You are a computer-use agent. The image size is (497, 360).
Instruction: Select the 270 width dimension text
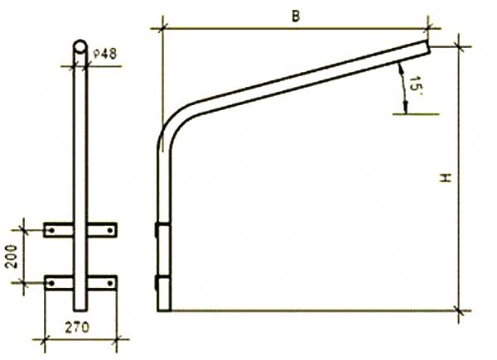78,328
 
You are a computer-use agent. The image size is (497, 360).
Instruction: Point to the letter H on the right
445,178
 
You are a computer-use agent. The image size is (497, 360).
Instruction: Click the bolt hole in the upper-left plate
52,228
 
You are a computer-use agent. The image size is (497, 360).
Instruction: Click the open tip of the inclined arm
429,49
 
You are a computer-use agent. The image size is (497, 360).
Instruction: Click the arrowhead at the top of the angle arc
399,64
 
